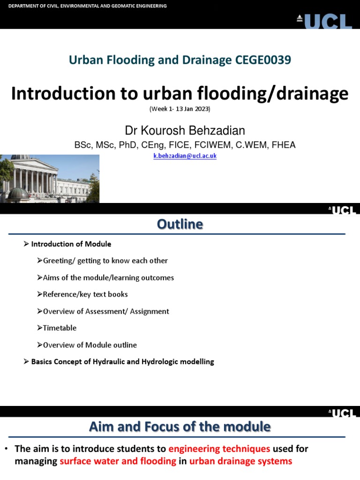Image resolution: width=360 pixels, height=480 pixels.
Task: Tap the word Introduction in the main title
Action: tap(59, 94)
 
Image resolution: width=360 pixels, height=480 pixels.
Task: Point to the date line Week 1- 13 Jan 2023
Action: tap(180, 109)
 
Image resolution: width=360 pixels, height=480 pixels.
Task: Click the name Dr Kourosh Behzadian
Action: tap(185, 130)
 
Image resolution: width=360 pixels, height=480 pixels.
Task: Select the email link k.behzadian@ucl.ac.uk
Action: tap(185, 156)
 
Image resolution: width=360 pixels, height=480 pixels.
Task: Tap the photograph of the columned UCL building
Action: tap(50, 179)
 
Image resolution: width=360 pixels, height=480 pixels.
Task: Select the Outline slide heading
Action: tap(180, 225)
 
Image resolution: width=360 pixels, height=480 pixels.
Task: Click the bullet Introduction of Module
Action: tap(71, 244)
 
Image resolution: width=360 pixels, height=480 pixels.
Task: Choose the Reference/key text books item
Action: tap(85, 294)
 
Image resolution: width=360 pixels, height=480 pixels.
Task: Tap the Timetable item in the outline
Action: tap(60, 328)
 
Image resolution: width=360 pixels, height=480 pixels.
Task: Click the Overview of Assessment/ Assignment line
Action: tap(106, 311)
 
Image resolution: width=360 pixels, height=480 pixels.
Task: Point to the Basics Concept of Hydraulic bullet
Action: tap(122, 362)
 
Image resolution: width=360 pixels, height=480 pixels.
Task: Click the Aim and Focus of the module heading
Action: tap(180, 427)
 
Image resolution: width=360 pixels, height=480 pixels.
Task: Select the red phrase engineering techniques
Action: tap(219, 449)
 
